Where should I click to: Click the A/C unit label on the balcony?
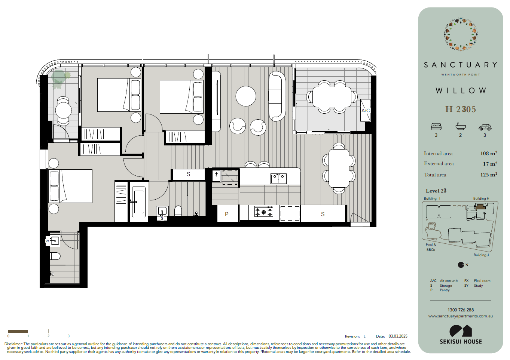[x=366, y=111]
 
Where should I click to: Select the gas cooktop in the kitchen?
[x=264, y=212]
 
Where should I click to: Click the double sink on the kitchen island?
[x=278, y=179]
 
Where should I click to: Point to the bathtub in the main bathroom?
[x=139, y=201]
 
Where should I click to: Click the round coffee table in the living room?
[x=246, y=96]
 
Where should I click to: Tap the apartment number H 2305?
[x=461, y=110]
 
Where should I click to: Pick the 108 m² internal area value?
[x=489, y=153]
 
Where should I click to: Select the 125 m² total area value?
[x=489, y=175]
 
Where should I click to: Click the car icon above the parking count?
[x=485, y=127]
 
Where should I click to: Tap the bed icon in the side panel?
[x=436, y=126]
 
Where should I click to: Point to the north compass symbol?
[x=461, y=265]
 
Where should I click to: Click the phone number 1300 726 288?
[x=461, y=310]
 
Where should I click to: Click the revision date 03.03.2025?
[x=398, y=336]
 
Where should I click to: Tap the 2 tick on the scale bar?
[x=49, y=331]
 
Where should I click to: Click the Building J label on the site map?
[x=481, y=255]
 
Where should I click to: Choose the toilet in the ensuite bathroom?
[x=55, y=256]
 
